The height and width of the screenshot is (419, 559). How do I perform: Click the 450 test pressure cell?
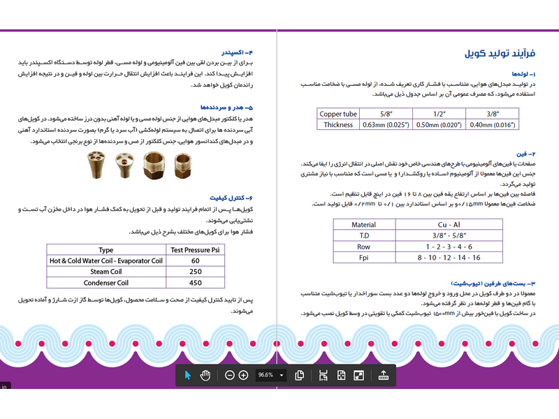tap(195, 283)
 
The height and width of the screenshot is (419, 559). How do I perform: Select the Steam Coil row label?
tap(106, 272)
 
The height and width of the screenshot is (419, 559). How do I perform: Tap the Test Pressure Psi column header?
tap(195, 249)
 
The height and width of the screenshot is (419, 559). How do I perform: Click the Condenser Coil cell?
tap(106, 283)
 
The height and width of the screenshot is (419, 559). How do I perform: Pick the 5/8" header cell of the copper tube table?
tap(385, 114)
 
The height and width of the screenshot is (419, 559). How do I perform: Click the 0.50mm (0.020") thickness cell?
tap(440, 125)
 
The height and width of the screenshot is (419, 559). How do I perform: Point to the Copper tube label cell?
tap(338, 114)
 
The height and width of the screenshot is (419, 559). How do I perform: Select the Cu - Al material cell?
tap(449, 225)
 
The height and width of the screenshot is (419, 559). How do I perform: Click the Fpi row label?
tap(363, 258)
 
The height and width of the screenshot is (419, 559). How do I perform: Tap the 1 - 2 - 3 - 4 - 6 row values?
tap(449, 247)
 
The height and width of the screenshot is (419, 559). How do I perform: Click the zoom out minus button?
tap(230, 375)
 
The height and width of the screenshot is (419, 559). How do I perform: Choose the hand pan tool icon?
tap(205, 375)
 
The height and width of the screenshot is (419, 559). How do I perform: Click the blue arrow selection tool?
tap(187, 375)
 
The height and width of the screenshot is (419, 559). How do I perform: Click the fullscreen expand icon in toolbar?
tap(358, 375)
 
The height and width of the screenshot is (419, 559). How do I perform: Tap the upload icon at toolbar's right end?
tap(383, 375)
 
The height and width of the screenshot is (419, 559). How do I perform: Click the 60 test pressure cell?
tap(195, 260)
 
